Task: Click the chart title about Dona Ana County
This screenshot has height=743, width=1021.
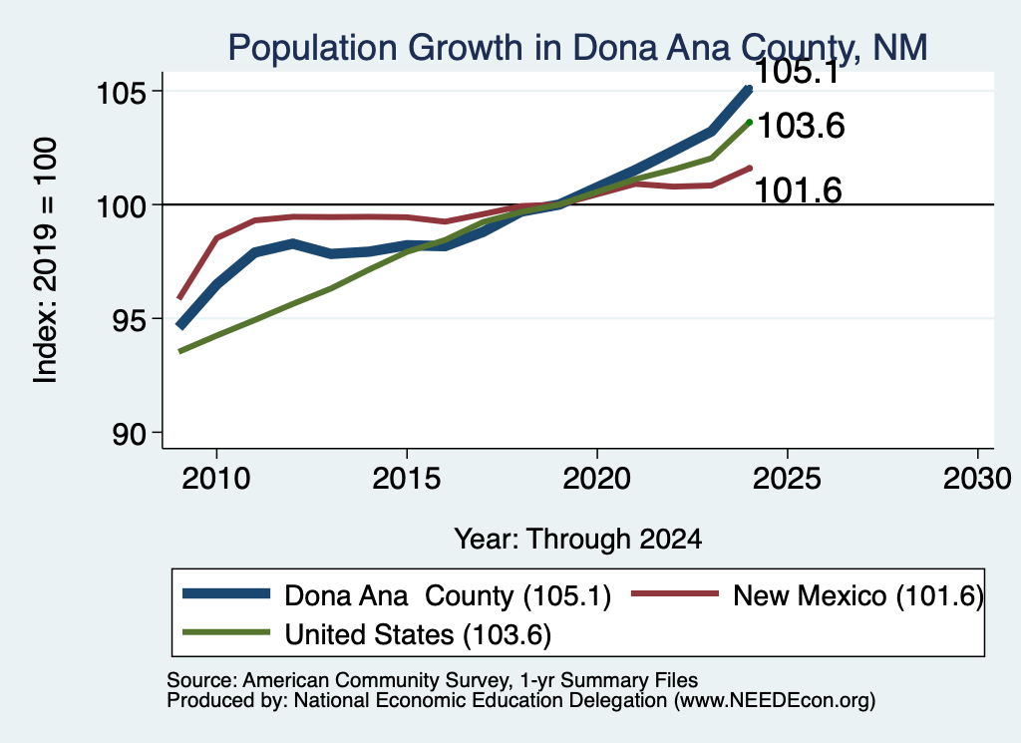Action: point(577,48)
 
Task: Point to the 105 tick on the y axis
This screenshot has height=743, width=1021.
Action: point(120,94)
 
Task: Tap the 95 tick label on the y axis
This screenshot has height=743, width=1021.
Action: point(128,320)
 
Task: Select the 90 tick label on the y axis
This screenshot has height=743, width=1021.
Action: point(128,435)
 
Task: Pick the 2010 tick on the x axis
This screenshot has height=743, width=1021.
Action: point(216,479)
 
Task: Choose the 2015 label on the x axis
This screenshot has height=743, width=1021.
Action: point(407,479)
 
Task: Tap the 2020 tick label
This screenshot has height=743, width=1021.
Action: point(597,479)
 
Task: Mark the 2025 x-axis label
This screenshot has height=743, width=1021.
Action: point(788,479)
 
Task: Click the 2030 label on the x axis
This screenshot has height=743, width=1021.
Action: point(977,479)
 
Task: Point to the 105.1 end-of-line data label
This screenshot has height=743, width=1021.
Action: point(798,72)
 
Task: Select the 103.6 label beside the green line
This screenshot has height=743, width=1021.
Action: point(801,126)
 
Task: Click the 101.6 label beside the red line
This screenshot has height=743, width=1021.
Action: point(799,190)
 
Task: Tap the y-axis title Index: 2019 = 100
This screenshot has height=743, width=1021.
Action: point(45,260)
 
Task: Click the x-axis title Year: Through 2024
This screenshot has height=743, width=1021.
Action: point(578,540)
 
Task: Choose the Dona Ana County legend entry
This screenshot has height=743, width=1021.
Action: point(397,595)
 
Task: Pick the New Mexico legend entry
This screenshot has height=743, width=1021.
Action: point(808,595)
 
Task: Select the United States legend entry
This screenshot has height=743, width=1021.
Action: point(367,634)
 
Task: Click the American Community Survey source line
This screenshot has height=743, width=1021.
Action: point(433,680)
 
